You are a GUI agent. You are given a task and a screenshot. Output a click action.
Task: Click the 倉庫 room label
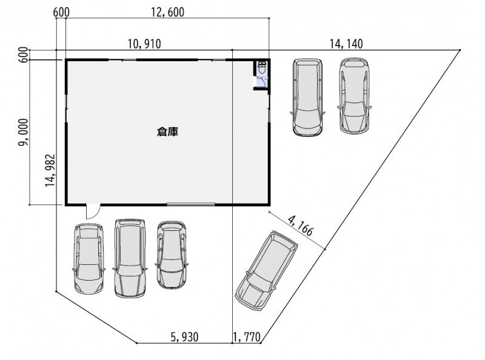(x=167, y=132)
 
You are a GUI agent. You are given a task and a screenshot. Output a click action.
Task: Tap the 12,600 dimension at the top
(x=168, y=12)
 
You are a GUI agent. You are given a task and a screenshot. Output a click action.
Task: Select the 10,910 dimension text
(x=144, y=44)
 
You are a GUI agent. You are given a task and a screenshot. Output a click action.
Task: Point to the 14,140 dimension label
(x=346, y=44)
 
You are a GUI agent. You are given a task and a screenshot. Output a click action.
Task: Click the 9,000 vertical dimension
(x=23, y=132)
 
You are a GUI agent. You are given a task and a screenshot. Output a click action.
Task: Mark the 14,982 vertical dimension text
(x=50, y=170)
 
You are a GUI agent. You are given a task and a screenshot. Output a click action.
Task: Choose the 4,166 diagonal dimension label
(x=301, y=226)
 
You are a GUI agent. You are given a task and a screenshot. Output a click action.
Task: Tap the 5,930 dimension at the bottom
(x=184, y=337)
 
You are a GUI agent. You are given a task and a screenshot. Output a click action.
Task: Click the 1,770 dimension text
(x=247, y=337)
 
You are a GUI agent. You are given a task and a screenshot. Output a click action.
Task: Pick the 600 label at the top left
(x=61, y=13)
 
